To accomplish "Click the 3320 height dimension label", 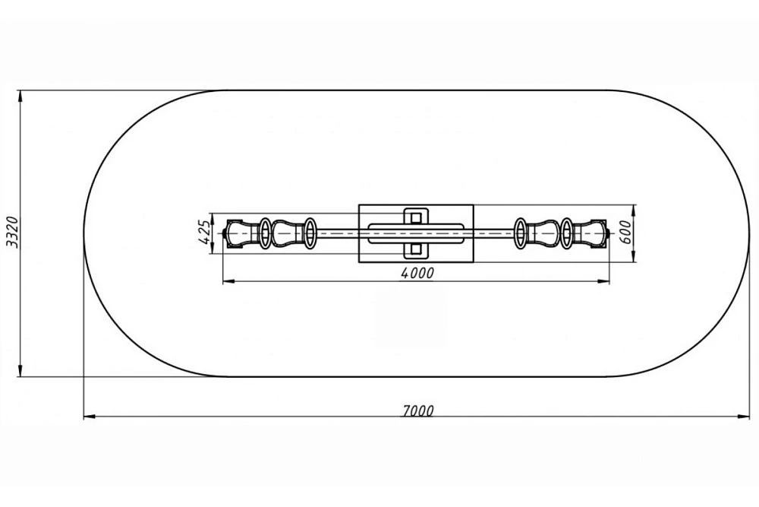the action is (13, 232).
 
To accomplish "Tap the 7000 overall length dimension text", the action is (417, 410).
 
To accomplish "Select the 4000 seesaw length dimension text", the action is (417, 274).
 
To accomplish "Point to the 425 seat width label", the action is (205, 233).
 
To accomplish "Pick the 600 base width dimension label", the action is (625, 233).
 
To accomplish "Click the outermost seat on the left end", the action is (241, 233).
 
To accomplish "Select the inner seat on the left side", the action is (288, 233).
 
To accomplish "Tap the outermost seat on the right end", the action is (591, 233).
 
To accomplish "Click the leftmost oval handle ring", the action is (265, 233).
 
